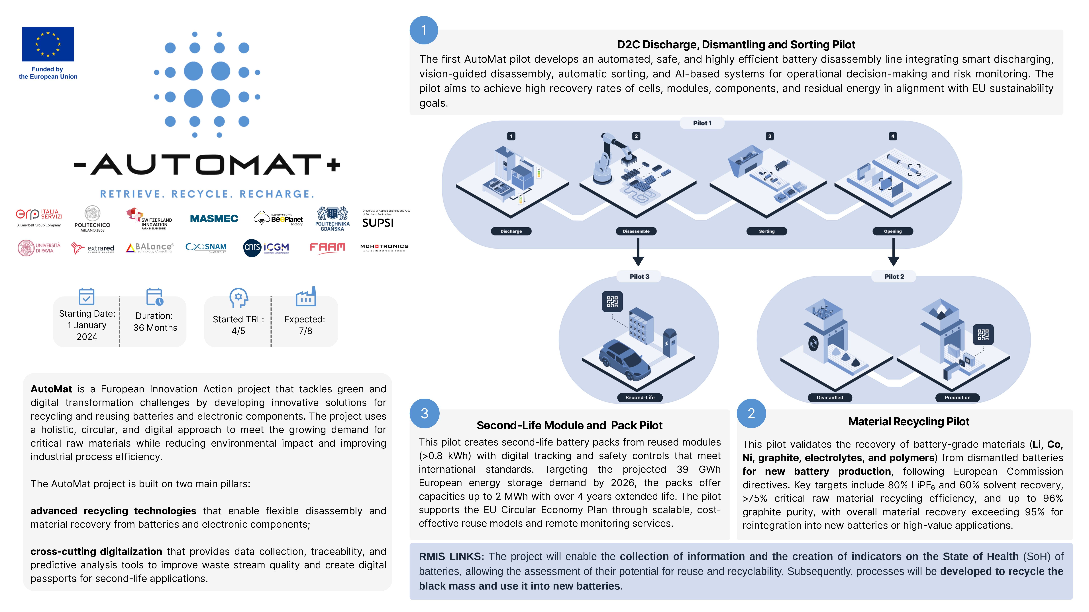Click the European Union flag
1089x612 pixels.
[48, 44]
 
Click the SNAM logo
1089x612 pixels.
[206, 248]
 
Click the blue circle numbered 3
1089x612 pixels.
[425, 413]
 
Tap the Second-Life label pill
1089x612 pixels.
[640, 397]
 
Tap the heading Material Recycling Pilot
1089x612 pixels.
[908, 422]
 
